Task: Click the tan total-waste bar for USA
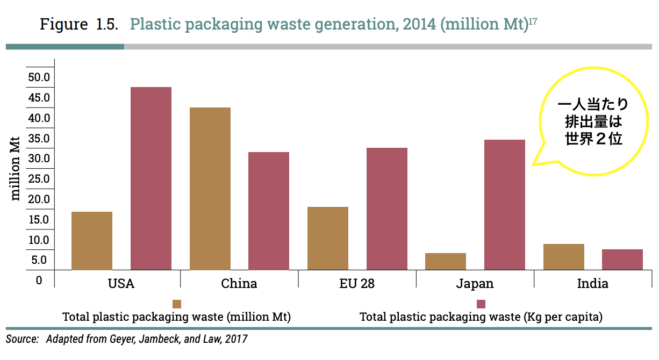pyautogui.click(x=92, y=241)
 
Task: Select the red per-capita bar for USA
pyautogui.click(x=151, y=178)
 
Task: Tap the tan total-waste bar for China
pyautogui.click(x=210, y=189)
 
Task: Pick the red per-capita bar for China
pyautogui.click(x=269, y=211)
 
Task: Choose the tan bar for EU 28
pyautogui.click(x=328, y=238)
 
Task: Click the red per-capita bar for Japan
pyautogui.click(x=505, y=205)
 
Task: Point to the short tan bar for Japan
pyautogui.click(x=446, y=261)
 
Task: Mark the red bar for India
pyautogui.click(x=622, y=260)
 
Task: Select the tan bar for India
pyautogui.click(x=564, y=257)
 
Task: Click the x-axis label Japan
pyautogui.click(x=475, y=284)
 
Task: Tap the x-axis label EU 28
pyautogui.click(x=357, y=284)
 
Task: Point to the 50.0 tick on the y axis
pyautogui.click(x=39, y=77)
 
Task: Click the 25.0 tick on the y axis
pyautogui.click(x=39, y=178)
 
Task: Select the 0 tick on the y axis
pyautogui.click(x=39, y=280)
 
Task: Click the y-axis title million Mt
pyautogui.click(x=16, y=168)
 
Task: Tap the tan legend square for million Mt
pyautogui.click(x=177, y=304)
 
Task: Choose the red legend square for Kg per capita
pyautogui.click(x=481, y=304)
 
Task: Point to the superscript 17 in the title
pyautogui.click(x=533, y=21)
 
